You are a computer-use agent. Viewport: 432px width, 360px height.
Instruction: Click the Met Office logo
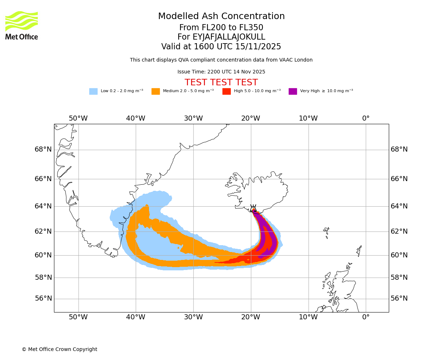click(22, 25)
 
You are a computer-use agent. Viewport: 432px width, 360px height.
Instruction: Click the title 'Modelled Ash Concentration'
click(221, 17)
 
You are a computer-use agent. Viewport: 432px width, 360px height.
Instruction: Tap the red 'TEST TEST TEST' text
click(221, 83)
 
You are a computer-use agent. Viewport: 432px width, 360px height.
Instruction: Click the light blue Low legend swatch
click(93, 91)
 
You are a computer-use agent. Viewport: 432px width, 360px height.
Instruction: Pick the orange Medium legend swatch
click(156, 91)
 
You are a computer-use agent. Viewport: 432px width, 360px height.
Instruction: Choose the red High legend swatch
click(226, 91)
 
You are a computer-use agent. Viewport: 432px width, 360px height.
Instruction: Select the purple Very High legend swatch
click(293, 91)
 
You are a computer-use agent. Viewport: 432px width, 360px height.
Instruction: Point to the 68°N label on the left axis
click(43, 149)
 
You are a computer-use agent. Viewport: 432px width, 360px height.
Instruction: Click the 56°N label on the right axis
click(399, 298)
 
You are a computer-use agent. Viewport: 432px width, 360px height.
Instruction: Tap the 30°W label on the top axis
click(193, 118)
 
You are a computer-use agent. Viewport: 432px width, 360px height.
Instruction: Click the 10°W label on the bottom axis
click(308, 317)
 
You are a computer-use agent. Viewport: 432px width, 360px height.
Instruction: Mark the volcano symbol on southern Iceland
click(253, 208)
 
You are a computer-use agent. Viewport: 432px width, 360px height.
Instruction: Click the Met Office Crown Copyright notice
click(59, 350)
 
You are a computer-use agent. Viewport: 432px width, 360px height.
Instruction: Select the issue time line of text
click(221, 72)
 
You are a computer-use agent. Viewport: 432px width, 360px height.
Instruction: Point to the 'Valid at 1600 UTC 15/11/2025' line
click(221, 47)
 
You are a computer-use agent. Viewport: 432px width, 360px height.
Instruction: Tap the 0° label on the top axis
click(366, 118)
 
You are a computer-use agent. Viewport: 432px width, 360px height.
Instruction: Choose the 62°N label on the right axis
click(399, 231)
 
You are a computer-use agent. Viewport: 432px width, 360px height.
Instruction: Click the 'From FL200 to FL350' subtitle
click(221, 28)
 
